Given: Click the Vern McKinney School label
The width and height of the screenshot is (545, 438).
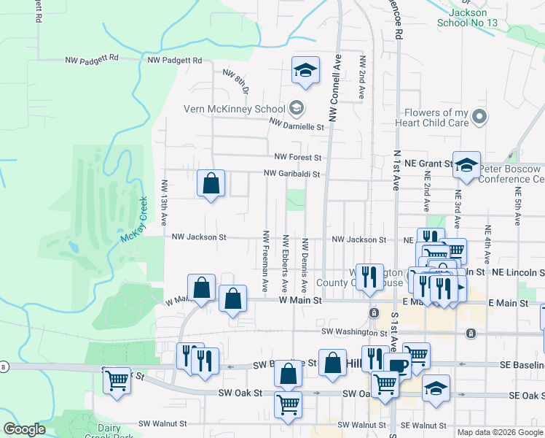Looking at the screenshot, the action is tap(234, 109).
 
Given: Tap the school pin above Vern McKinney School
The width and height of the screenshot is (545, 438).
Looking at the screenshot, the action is tap(305, 71).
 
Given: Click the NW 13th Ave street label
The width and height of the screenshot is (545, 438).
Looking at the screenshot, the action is tap(165, 202).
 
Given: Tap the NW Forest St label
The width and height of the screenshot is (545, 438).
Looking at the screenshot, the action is tap(297, 157).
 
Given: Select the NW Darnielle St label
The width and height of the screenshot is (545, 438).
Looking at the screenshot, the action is tap(296, 126).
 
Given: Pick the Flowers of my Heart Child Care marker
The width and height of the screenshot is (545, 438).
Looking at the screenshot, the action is tap(479, 116).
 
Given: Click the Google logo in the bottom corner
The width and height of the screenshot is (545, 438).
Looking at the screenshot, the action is tap(24, 429).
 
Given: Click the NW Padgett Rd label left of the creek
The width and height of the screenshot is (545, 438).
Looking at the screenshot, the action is tap(92, 61).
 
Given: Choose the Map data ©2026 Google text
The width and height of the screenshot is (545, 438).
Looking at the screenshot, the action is tap(500, 432).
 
